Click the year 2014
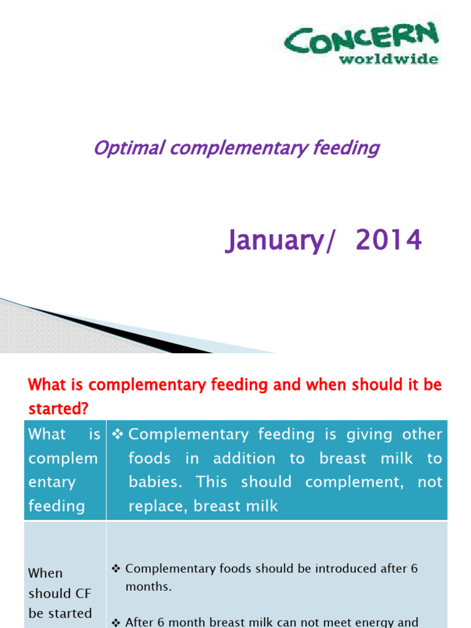[389, 240]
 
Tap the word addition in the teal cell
[248, 458]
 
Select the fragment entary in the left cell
[52, 482]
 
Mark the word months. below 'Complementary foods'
[148, 586]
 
